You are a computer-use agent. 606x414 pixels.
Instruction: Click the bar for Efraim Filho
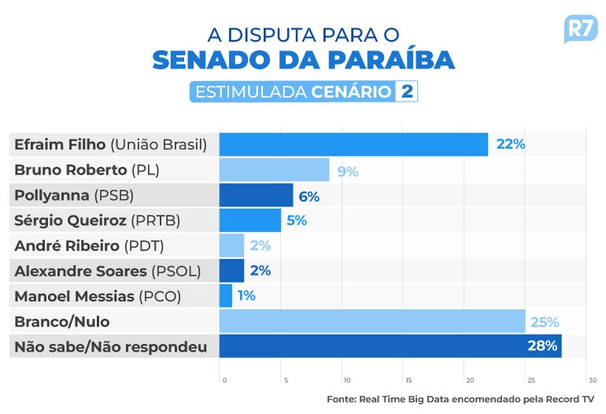click(x=353, y=144)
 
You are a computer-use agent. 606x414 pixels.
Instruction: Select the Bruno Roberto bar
click(x=274, y=170)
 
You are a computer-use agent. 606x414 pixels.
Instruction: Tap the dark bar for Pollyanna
click(x=256, y=195)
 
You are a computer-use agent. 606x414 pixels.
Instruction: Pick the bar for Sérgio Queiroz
click(x=249, y=220)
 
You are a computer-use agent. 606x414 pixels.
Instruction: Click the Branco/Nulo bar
click(x=371, y=321)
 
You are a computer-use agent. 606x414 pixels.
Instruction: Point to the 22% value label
click(x=511, y=144)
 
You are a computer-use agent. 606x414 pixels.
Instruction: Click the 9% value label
click(x=348, y=171)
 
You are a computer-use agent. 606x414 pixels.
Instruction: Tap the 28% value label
click(x=542, y=346)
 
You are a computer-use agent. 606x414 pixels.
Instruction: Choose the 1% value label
click(x=246, y=296)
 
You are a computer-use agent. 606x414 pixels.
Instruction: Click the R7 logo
click(x=582, y=30)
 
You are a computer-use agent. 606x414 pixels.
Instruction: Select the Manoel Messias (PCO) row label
click(x=98, y=296)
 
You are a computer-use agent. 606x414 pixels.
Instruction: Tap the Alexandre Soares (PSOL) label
click(x=108, y=271)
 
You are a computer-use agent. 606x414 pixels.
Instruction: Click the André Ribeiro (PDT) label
click(x=89, y=246)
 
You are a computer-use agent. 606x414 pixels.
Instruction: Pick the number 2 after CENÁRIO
click(x=406, y=91)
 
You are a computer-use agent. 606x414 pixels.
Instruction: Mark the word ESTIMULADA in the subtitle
click(x=250, y=91)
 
